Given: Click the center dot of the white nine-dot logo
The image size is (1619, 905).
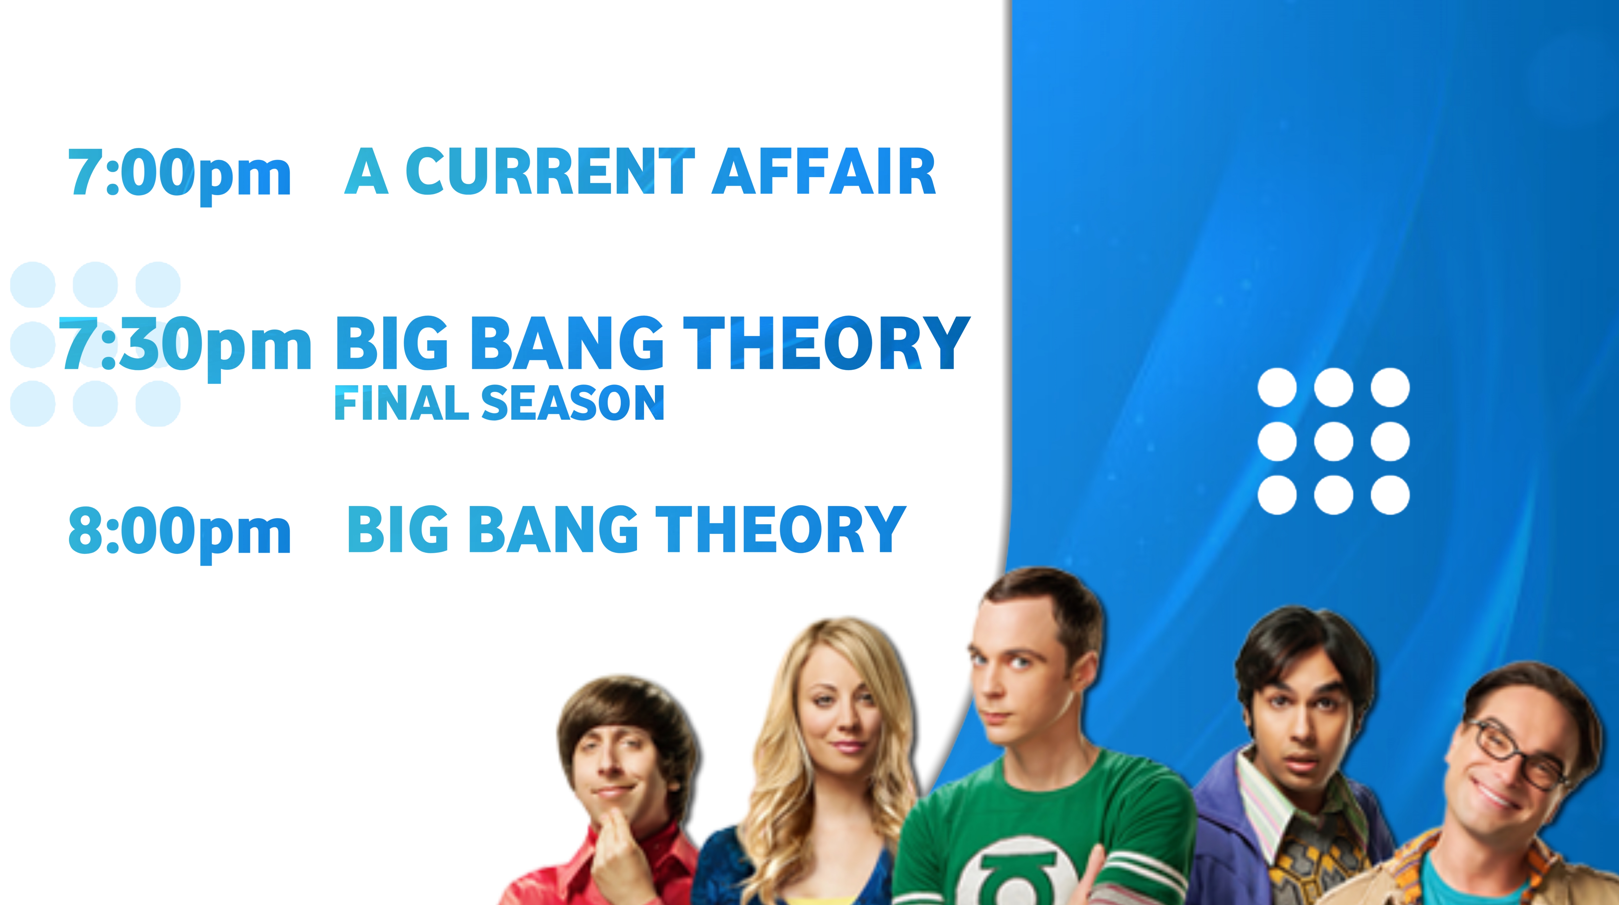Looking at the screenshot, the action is coord(1334,441).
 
